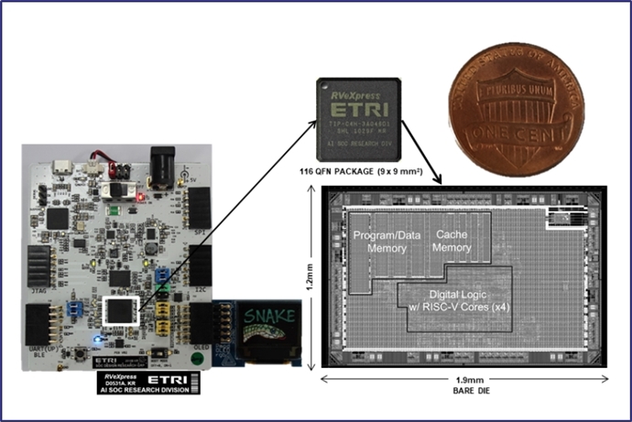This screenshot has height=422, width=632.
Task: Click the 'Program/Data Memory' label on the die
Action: (387, 241)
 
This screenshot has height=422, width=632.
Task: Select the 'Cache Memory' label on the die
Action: (452, 241)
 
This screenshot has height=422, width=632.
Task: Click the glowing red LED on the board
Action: (138, 194)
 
